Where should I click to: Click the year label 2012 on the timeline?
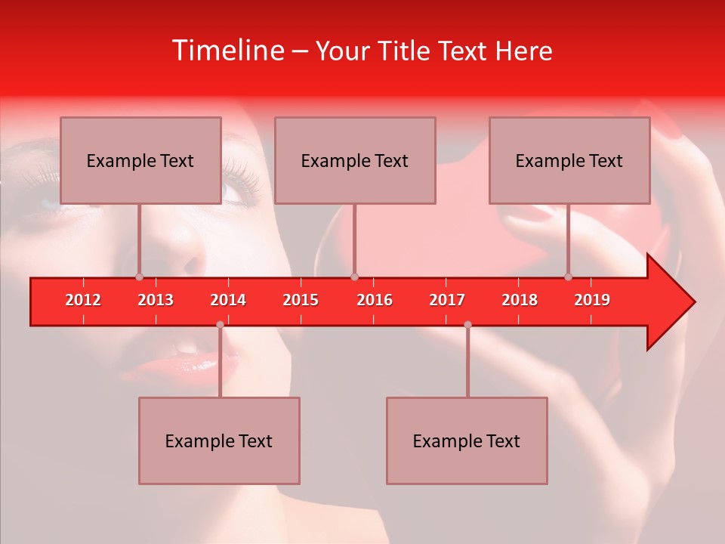[83, 300]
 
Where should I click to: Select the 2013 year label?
[156, 300]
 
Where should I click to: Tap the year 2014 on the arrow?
[228, 300]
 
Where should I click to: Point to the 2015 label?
[301, 300]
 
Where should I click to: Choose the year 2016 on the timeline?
[375, 300]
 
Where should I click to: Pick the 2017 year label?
[447, 300]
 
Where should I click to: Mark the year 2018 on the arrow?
[520, 300]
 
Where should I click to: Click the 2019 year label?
[592, 300]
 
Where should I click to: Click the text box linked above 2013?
[140, 160]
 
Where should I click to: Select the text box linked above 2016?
[355, 160]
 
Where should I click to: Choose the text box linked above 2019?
[569, 160]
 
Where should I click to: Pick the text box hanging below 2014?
[219, 440]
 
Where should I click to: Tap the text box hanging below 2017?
[467, 440]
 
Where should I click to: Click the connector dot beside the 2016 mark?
[355, 277]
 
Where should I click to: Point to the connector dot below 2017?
[467, 325]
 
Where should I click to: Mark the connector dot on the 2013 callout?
[139, 277]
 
